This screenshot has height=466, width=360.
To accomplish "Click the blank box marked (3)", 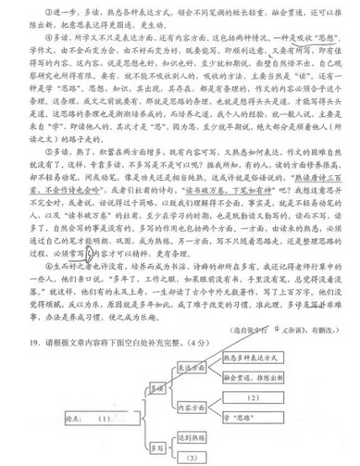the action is tap(192, 457).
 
